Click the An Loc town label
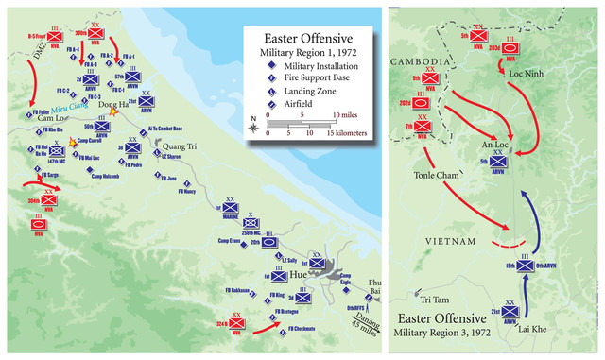497,142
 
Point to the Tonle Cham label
436,176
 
